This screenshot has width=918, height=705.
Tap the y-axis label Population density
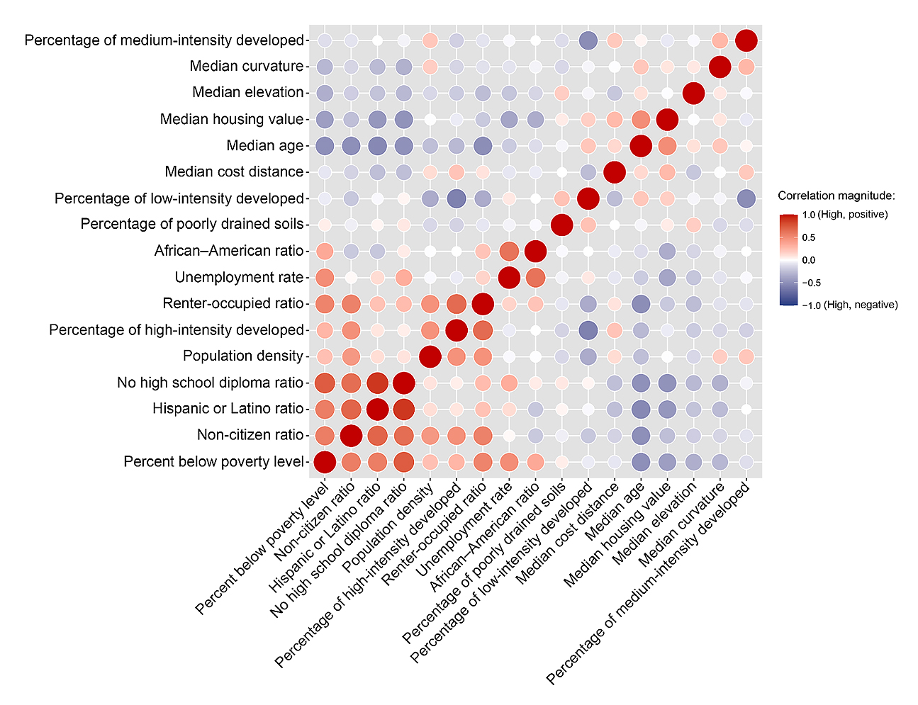click(243, 356)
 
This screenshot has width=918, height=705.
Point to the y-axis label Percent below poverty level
click(213, 462)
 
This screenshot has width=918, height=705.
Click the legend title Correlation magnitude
click(836, 196)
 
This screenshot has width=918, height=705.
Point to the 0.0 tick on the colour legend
click(808, 260)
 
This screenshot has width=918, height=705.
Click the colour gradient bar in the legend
click(788, 259)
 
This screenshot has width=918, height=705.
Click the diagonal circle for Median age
click(640, 146)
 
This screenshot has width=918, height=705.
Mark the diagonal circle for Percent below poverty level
click(325, 462)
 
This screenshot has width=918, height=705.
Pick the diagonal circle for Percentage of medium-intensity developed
click(746, 40)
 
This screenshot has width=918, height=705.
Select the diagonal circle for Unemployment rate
click(509, 278)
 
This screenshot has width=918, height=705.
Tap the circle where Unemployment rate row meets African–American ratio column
click(535, 278)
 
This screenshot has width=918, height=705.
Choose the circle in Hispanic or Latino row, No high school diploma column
click(404, 410)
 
